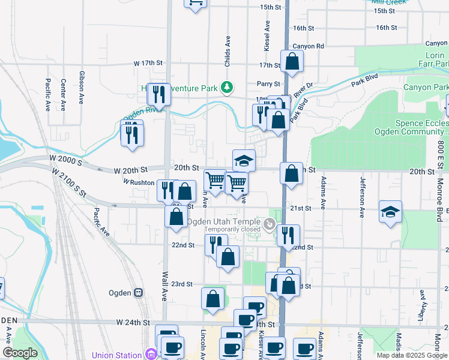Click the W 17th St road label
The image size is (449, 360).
tap(148, 63)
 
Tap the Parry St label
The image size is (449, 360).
tap(269, 84)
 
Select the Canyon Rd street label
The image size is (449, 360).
tap(308, 46)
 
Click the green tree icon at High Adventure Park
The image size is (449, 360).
tap(226, 88)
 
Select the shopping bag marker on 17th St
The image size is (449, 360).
tap(292, 62)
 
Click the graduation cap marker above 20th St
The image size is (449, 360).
tap(244, 160)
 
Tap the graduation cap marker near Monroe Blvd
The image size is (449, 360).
tap(390, 212)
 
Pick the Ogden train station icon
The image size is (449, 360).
tap(139, 293)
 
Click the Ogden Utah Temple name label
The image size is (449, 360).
tap(224, 221)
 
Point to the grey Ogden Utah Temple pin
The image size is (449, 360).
tap(270, 225)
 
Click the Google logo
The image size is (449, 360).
tap(20, 353)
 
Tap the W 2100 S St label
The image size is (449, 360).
tap(69, 185)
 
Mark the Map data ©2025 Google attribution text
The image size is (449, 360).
tap(411, 355)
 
